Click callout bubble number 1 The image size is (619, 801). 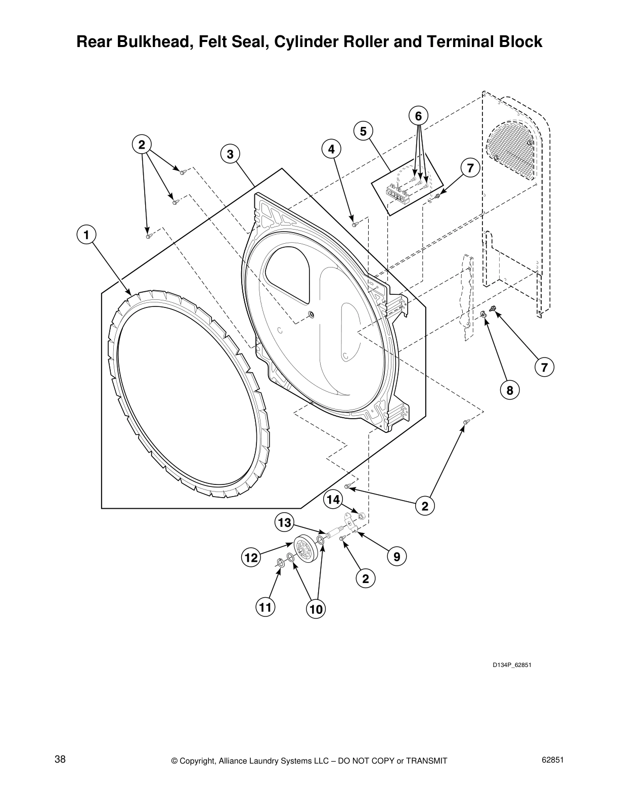86,235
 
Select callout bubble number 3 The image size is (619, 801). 230,154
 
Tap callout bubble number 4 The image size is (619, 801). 331,149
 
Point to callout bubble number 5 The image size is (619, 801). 363,131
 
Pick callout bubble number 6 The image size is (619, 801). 418,116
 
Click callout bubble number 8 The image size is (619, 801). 510,390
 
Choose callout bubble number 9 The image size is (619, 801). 397,557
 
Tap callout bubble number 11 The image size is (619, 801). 266,607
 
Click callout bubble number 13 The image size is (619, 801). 285,522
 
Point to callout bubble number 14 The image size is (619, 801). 333,500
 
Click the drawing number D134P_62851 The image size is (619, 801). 512,665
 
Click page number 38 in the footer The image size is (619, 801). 60,760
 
